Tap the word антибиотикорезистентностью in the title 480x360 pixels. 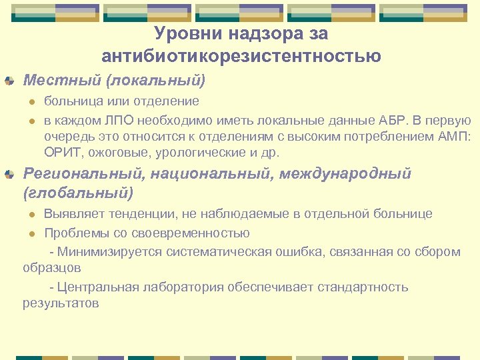(x=241, y=56)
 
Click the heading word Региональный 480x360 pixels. (x=83, y=174)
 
